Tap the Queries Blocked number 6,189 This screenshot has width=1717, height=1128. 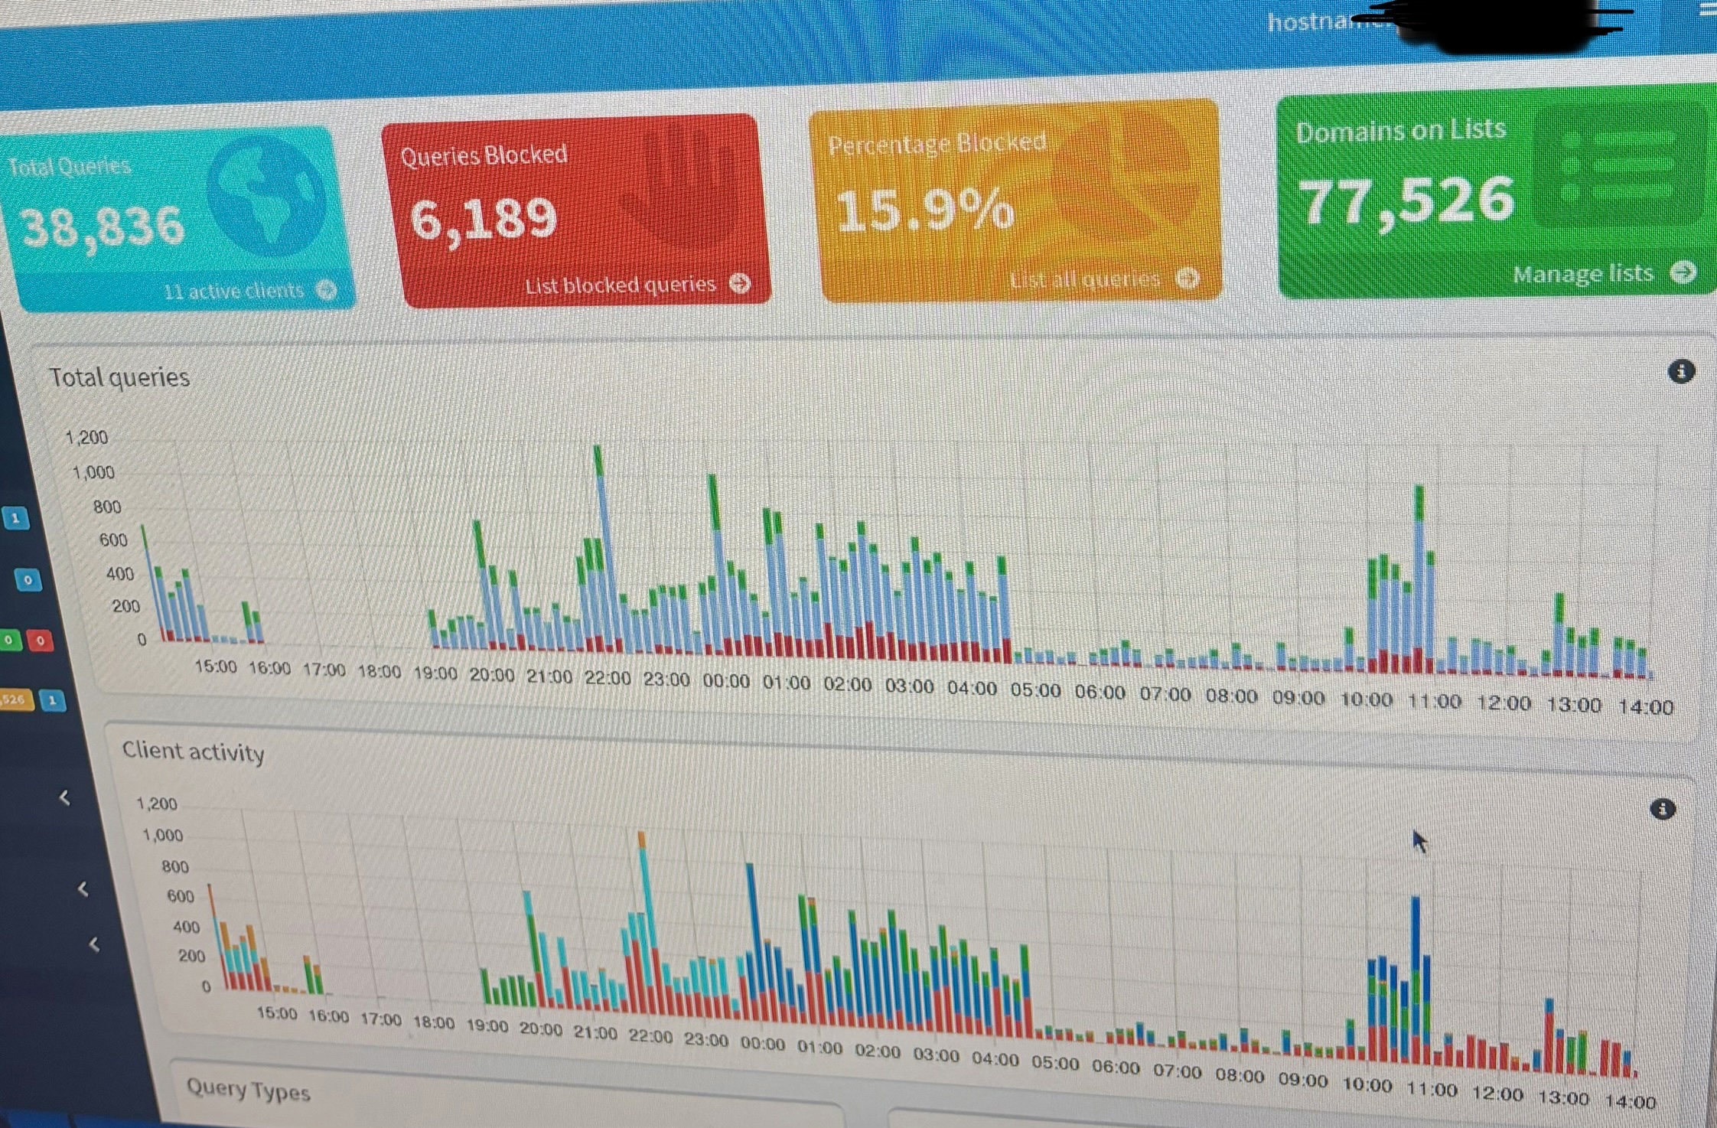pyautogui.click(x=484, y=219)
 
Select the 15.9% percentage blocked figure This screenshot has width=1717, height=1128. pyautogui.click(x=924, y=210)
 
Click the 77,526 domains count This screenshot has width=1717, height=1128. pyautogui.click(x=1406, y=201)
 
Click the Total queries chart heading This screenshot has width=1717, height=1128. pyautogui.click(x=119, y=377)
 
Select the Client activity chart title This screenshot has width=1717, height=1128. pyautogui.click(x=193, y=751)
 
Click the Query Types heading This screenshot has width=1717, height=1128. pyautogui.click(x=248, y=1090)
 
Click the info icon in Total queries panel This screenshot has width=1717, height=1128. pyautogui.click(x=1680, y=372)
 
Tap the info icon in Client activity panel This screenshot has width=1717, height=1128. pyautogui.click(x=1662, y=809)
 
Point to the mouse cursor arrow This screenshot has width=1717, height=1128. pyautogui.click(x=1419, y=840)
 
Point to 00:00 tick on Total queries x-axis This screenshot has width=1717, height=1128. pyautogui.click(x=725, y=680)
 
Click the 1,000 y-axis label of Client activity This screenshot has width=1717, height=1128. pyautogui.click(x=163, y=835)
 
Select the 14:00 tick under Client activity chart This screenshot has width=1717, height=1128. pyautogui.click(x=1630, y=1101)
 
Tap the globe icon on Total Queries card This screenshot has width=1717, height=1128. pyautogui.click(x=266, y=197)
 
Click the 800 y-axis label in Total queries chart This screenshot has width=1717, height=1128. pyautogui.click(x=107, y=507)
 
